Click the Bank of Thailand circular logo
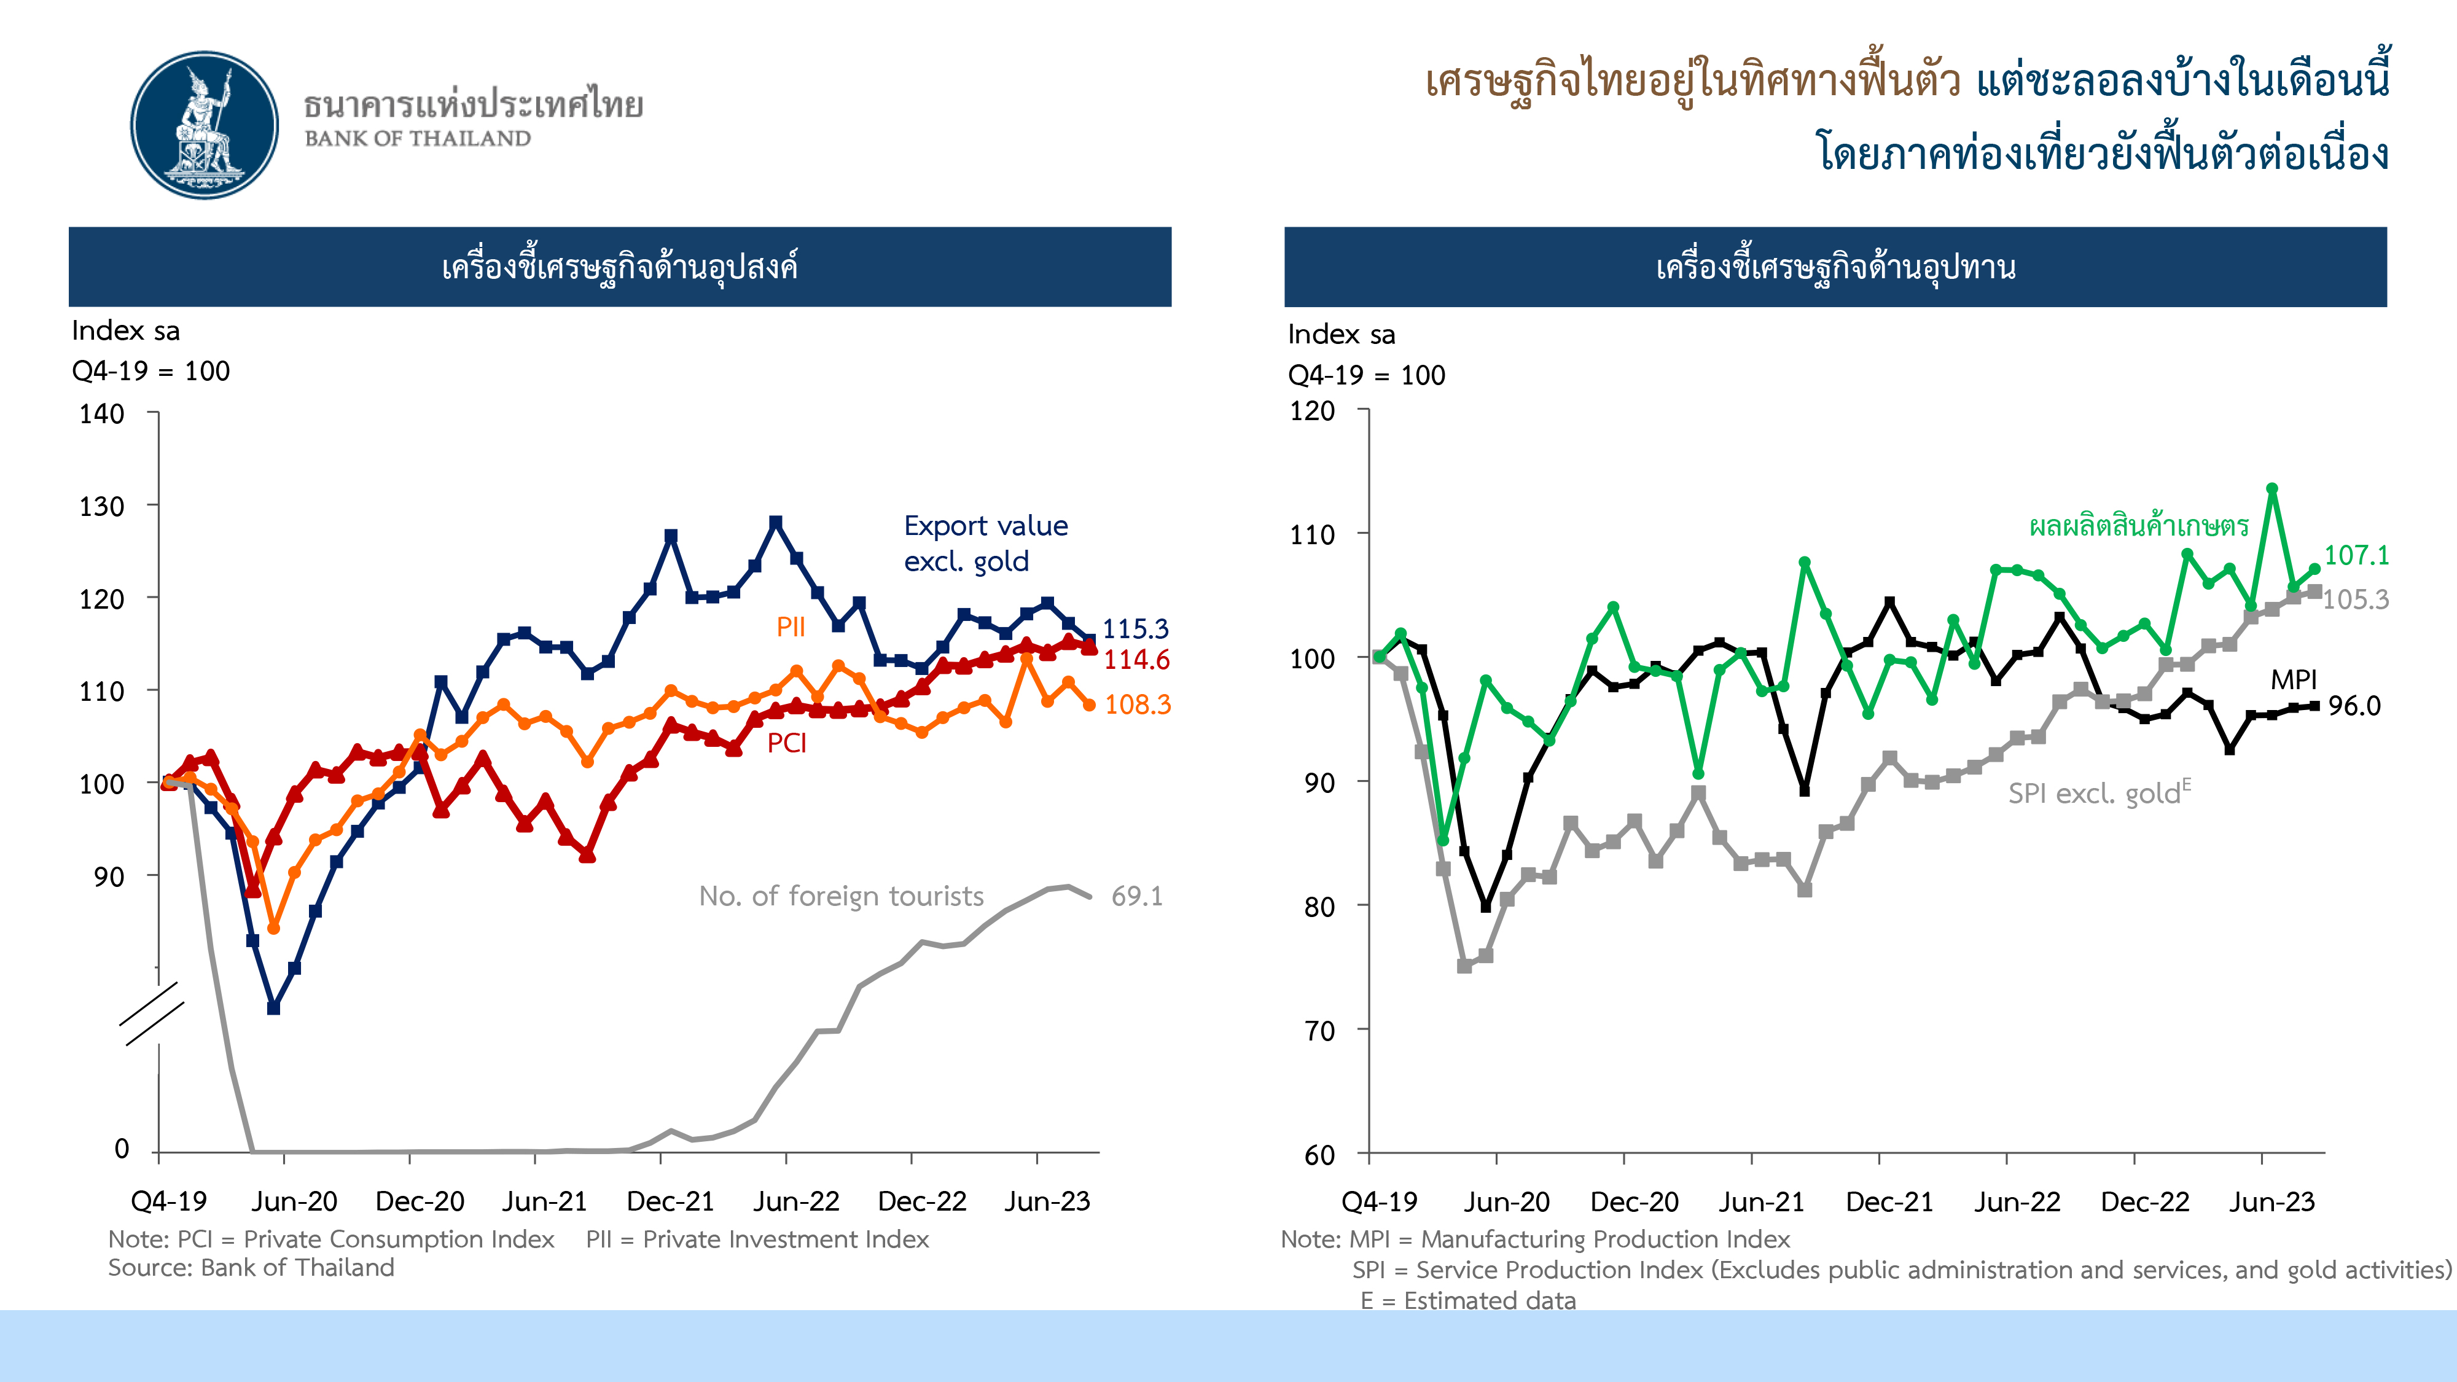click(x=204, y=125)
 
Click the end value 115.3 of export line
click(x=1135, y=628)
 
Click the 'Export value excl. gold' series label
click(x=985, y=543)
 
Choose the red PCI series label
click(x=787, y=743)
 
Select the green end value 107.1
click(x=2356, y=555)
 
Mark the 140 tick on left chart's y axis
click(x=102, y=414)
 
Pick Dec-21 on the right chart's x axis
click(x=1889, y=1202)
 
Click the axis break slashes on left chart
click(x=152, y=1014)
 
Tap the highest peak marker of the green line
click(x=2272, y=488)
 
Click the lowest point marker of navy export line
click(x=274, y=1008)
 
